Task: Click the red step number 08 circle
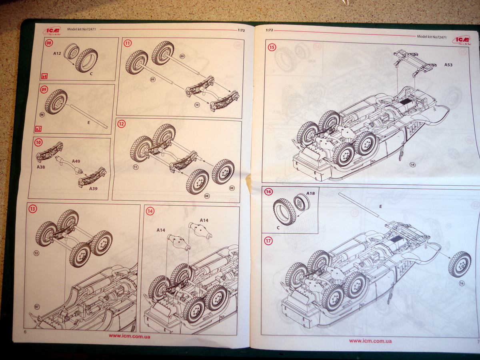pos(49,43)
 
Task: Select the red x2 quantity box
pos(39,129)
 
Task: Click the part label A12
pos(57,52)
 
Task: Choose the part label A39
pos(94,188)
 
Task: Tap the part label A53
pos(448,65)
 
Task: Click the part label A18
pos(310,193)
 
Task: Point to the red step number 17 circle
pos(268,241)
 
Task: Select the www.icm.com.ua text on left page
pos(129,336)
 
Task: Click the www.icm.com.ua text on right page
pos(370,341)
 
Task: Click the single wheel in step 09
pos(56,102)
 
